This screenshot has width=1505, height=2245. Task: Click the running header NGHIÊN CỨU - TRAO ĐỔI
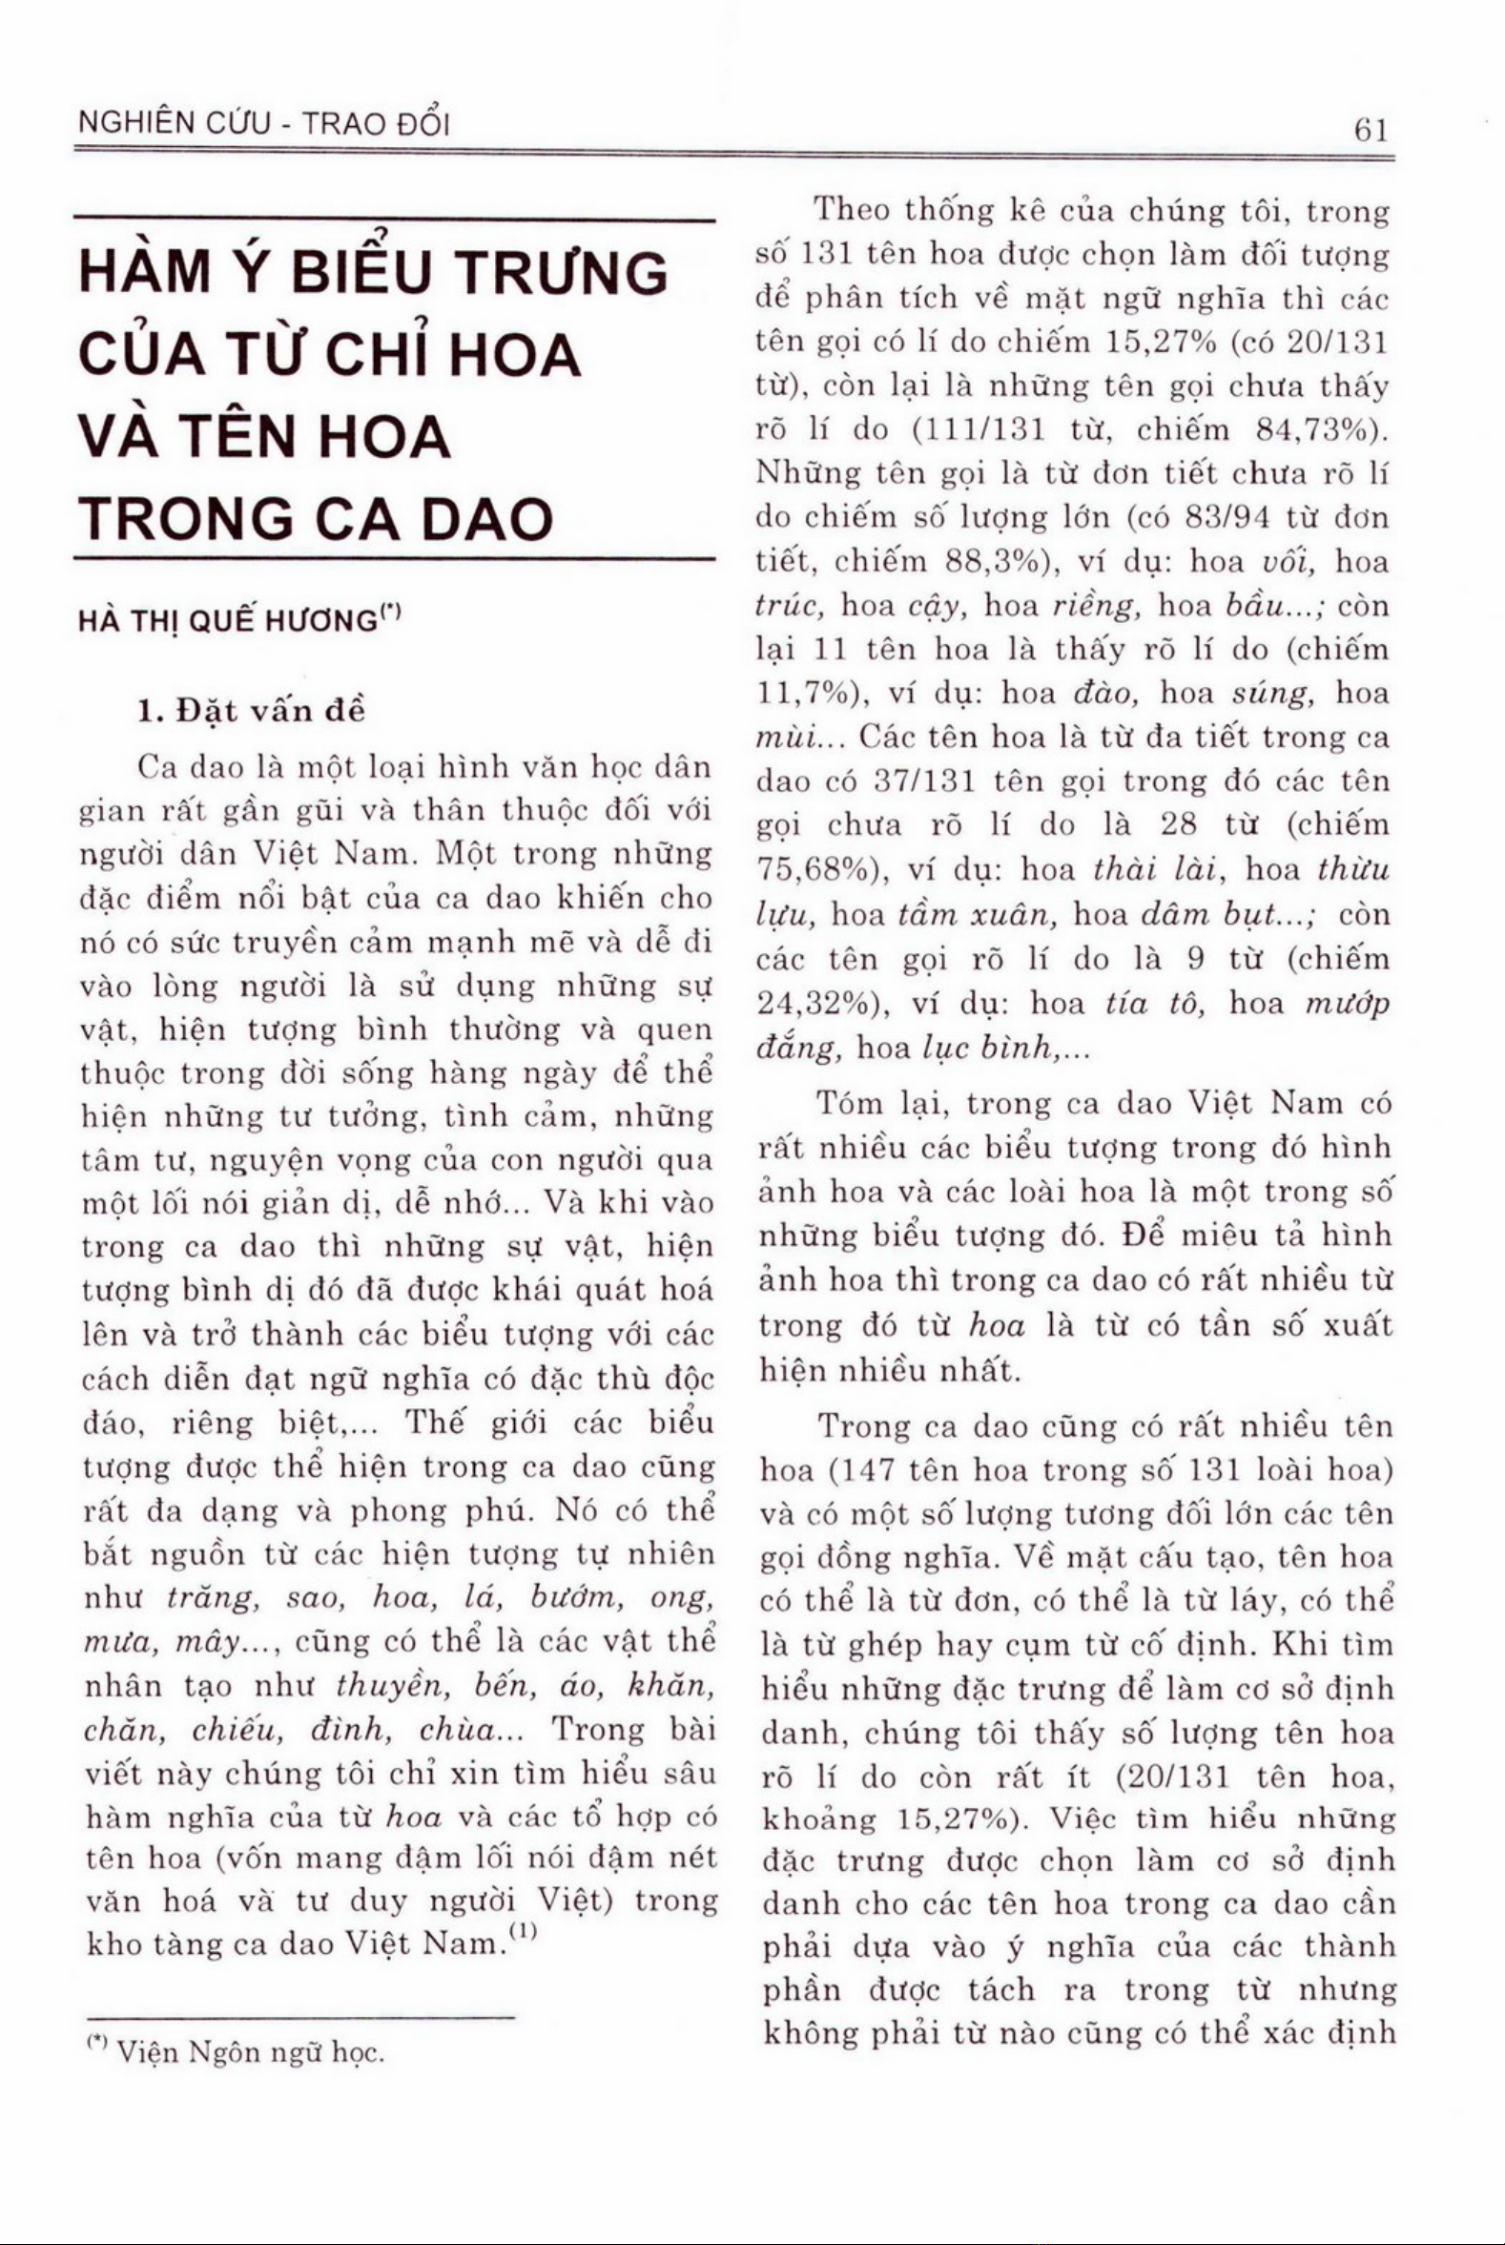click(x=263, y=125)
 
